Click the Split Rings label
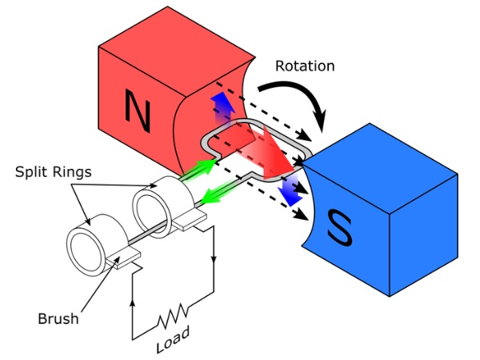tap(54, 173)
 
